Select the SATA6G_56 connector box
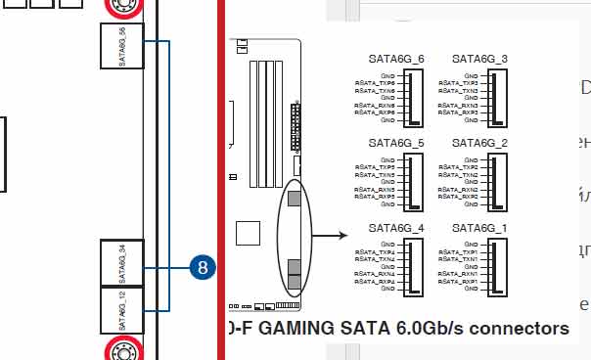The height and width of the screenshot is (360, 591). click(122, 46)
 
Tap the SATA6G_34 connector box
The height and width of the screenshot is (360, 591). click(122, 262)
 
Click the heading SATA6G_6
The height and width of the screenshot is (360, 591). click(397, 59)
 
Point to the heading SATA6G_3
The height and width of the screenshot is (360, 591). click(480, 59)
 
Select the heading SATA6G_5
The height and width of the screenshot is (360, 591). click(397, 143)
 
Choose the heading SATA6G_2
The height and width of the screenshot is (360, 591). click(480, 143)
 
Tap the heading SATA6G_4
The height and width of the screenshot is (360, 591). click(397, 228)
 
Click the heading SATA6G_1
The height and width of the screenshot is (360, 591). click(480, 228)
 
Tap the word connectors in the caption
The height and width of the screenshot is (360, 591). click(523, 328)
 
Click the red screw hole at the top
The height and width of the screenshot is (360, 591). click(122, 6)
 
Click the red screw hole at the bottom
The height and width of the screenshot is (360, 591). click(123, 350)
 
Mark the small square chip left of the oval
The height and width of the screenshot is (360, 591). click(249, 233)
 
